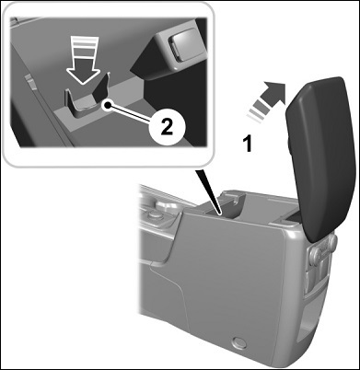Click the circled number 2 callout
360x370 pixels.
(166, 129)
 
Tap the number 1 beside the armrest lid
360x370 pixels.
(248, 145)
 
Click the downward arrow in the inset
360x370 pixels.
(83, 60)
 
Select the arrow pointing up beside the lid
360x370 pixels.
(266, 100)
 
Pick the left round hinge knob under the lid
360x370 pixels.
(316, 254)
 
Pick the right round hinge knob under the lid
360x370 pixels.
(331, 240)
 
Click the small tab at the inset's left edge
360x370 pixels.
(32, 82)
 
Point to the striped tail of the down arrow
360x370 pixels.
(83, 46)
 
